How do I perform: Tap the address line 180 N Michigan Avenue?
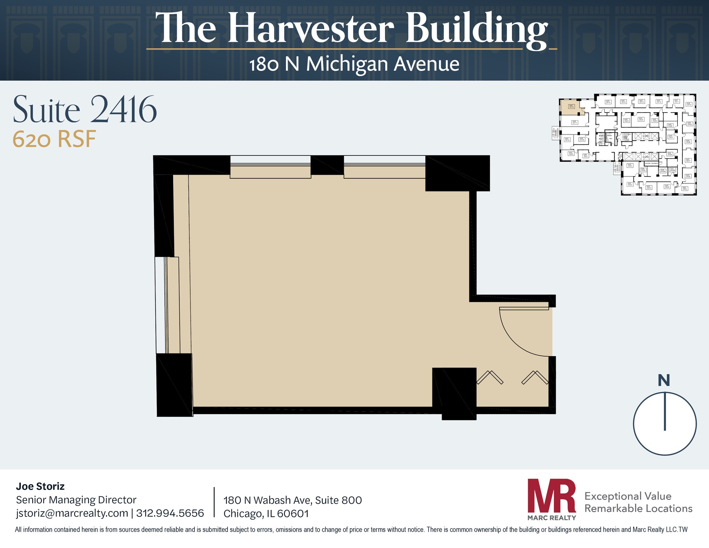[x=354, y=64]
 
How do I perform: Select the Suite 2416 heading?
[x=85, y=109]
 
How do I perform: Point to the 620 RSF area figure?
[x=54, y=139]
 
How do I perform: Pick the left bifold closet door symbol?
[x=490, y=377]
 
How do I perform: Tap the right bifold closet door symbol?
[x=535, y=377]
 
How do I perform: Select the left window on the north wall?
[x=270, y=167]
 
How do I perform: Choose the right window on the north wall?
[x=384, y=167]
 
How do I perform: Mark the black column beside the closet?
[x=455, y=393]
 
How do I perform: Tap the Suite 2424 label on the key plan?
[x=641, y=119]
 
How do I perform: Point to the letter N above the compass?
[x=664, y=380]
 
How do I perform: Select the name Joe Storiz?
[x=40, y=486]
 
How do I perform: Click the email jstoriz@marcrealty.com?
[x=72, y=513]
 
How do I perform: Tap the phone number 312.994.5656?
[x=170, y=513]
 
